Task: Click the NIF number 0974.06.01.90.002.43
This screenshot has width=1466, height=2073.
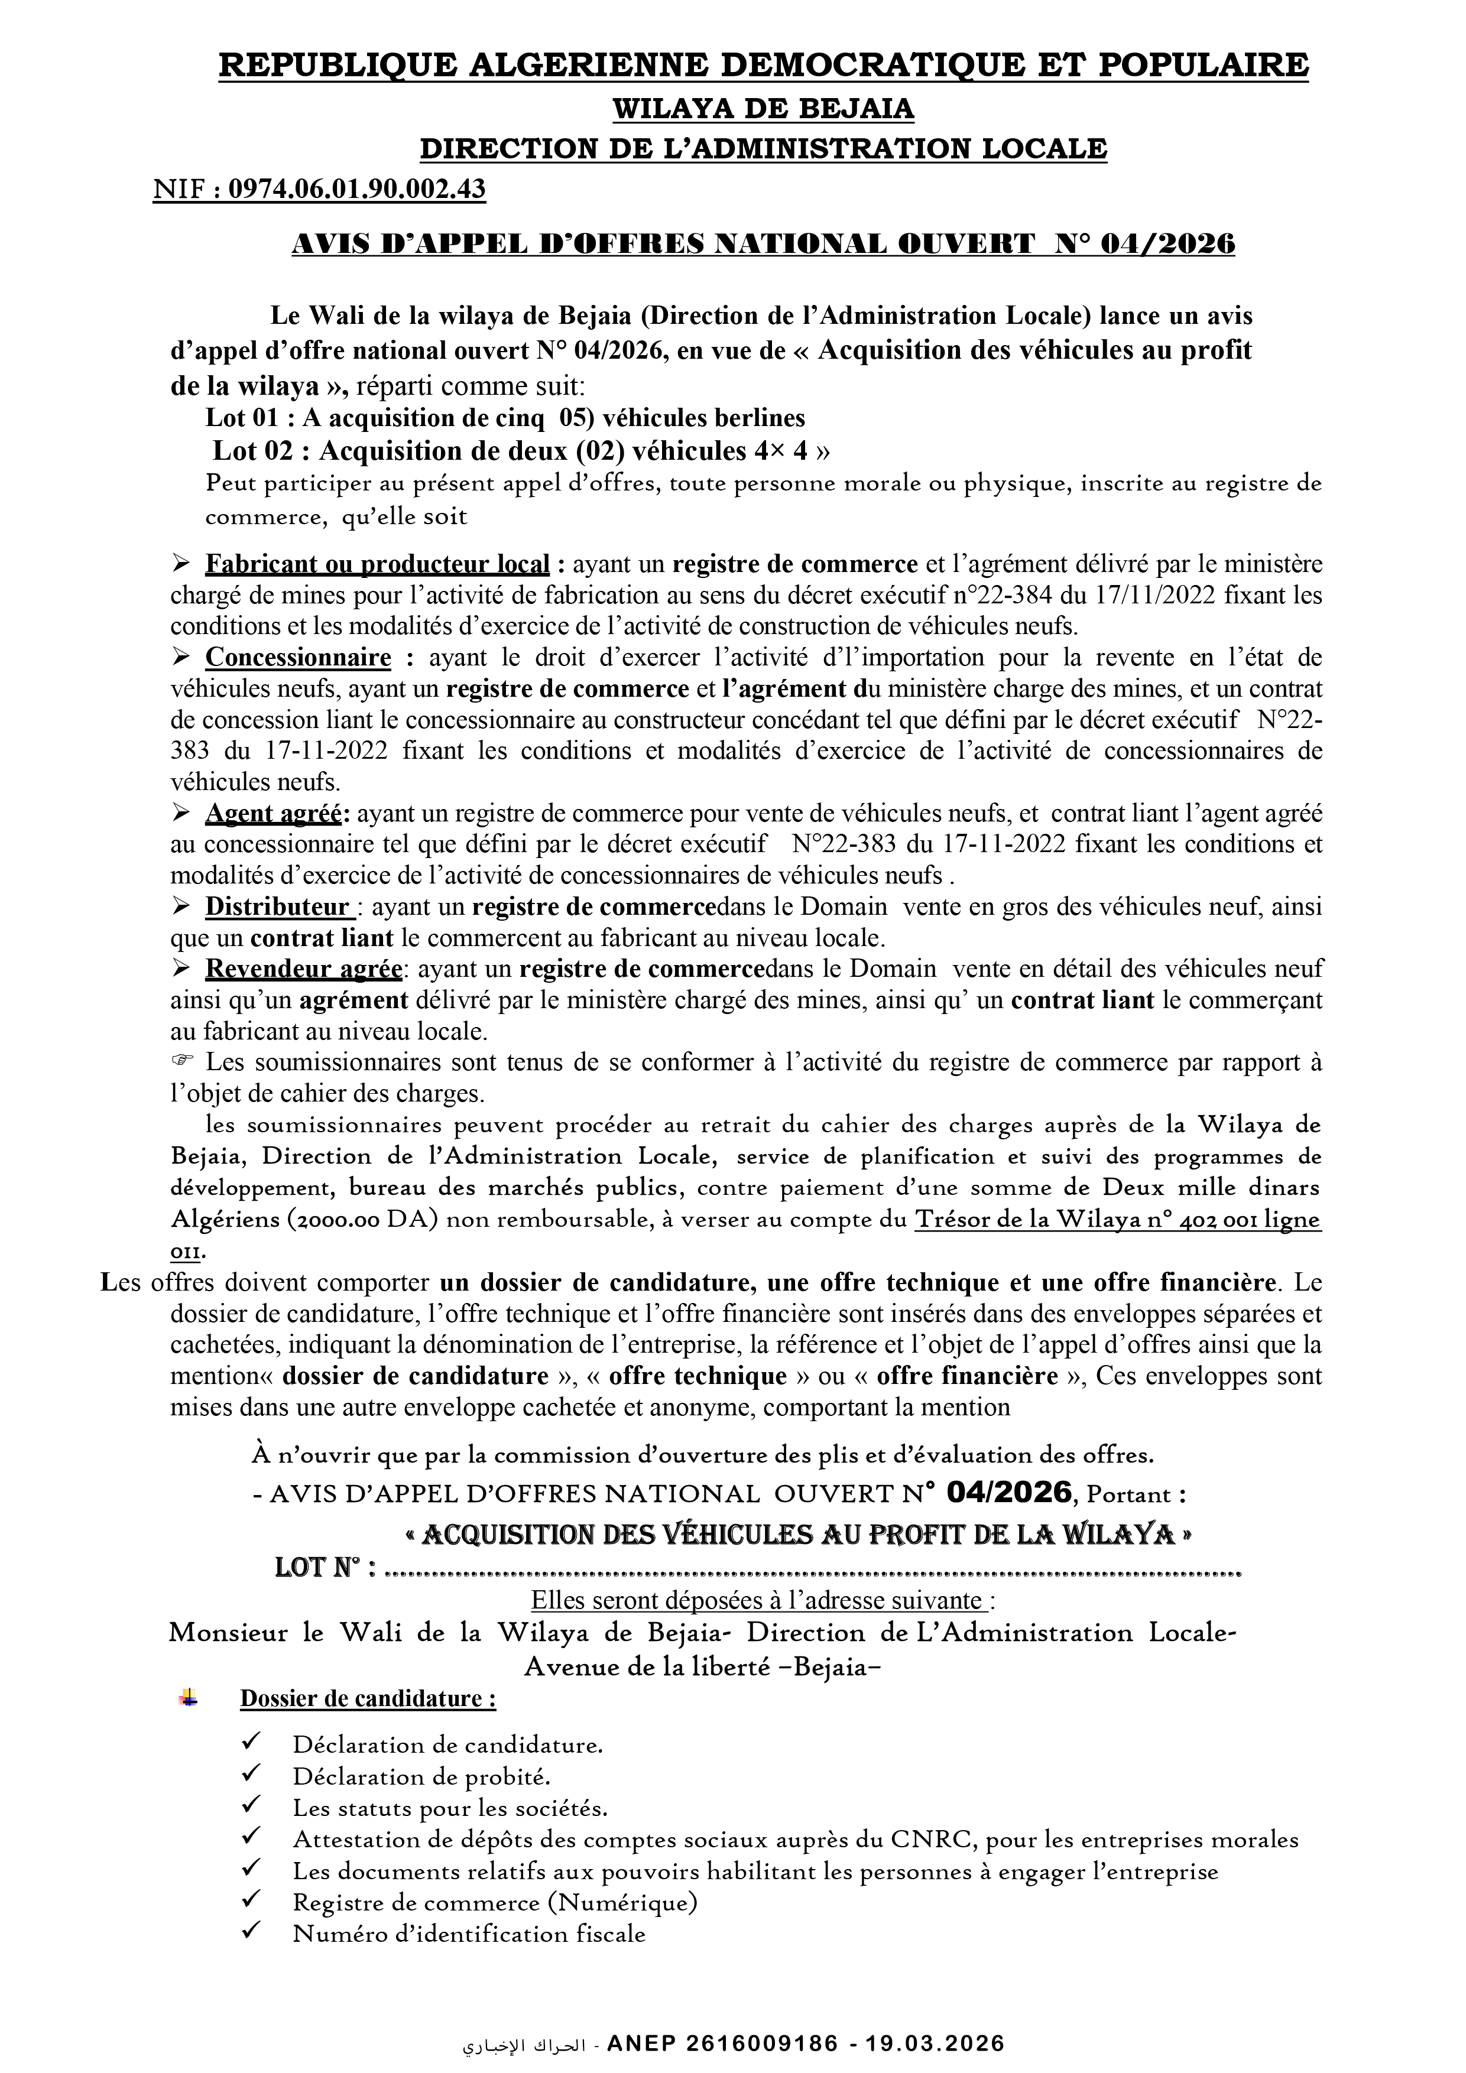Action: (x=357, y=190)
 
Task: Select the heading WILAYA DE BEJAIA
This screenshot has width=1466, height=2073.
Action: (x=763, y=109)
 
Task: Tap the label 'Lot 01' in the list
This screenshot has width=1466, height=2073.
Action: (x=238, y=418)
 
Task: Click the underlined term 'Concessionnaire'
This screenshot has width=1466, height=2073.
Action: (x=298, y=657)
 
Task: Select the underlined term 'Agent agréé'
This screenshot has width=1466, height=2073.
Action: (x=272, y=814)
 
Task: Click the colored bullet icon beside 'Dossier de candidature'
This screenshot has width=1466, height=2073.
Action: (x=189, y=1697)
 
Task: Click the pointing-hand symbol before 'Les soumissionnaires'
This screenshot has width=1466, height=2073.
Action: (x=181, y=1063)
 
